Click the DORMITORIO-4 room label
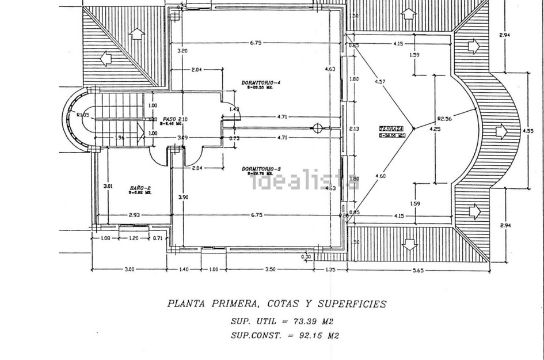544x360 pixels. (261, 83)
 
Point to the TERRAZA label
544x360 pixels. (391, 128)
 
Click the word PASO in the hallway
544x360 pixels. (169, 119)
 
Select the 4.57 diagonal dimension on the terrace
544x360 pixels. (380, 82)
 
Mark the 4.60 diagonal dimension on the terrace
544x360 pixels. (380, 176)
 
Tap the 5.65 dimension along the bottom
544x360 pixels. (418, 270)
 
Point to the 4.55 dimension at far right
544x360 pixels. (528, 131)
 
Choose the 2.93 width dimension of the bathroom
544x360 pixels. (135, 215)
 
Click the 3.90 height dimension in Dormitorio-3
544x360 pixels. (183, 197)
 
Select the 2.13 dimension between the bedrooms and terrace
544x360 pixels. (354, 129)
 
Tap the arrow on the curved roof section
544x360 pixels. (501, 132)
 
